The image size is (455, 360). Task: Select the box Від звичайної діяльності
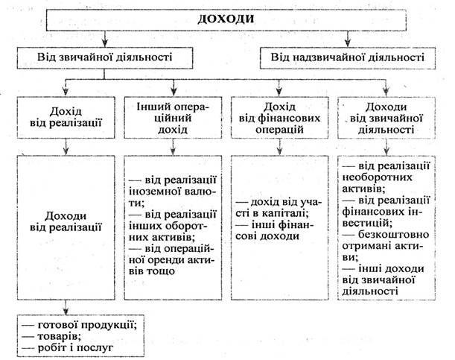click(105, 56)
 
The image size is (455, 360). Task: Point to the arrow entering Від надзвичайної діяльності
click(348, 42)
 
